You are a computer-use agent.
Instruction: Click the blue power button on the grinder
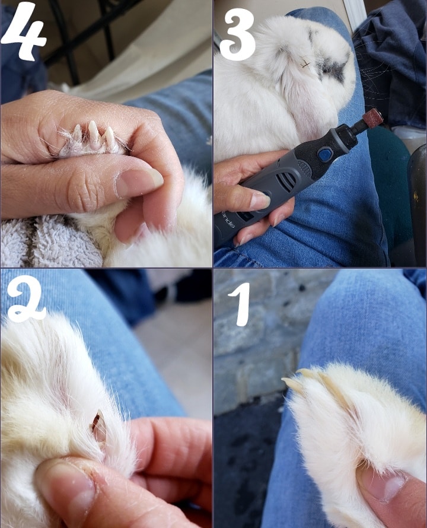click(x=324, y=155)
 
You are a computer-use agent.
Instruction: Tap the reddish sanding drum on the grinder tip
click(x=372, y=119)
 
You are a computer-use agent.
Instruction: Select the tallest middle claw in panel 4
click(x=93, y=132)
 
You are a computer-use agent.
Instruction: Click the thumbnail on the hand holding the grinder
click(x=259, y=201)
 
